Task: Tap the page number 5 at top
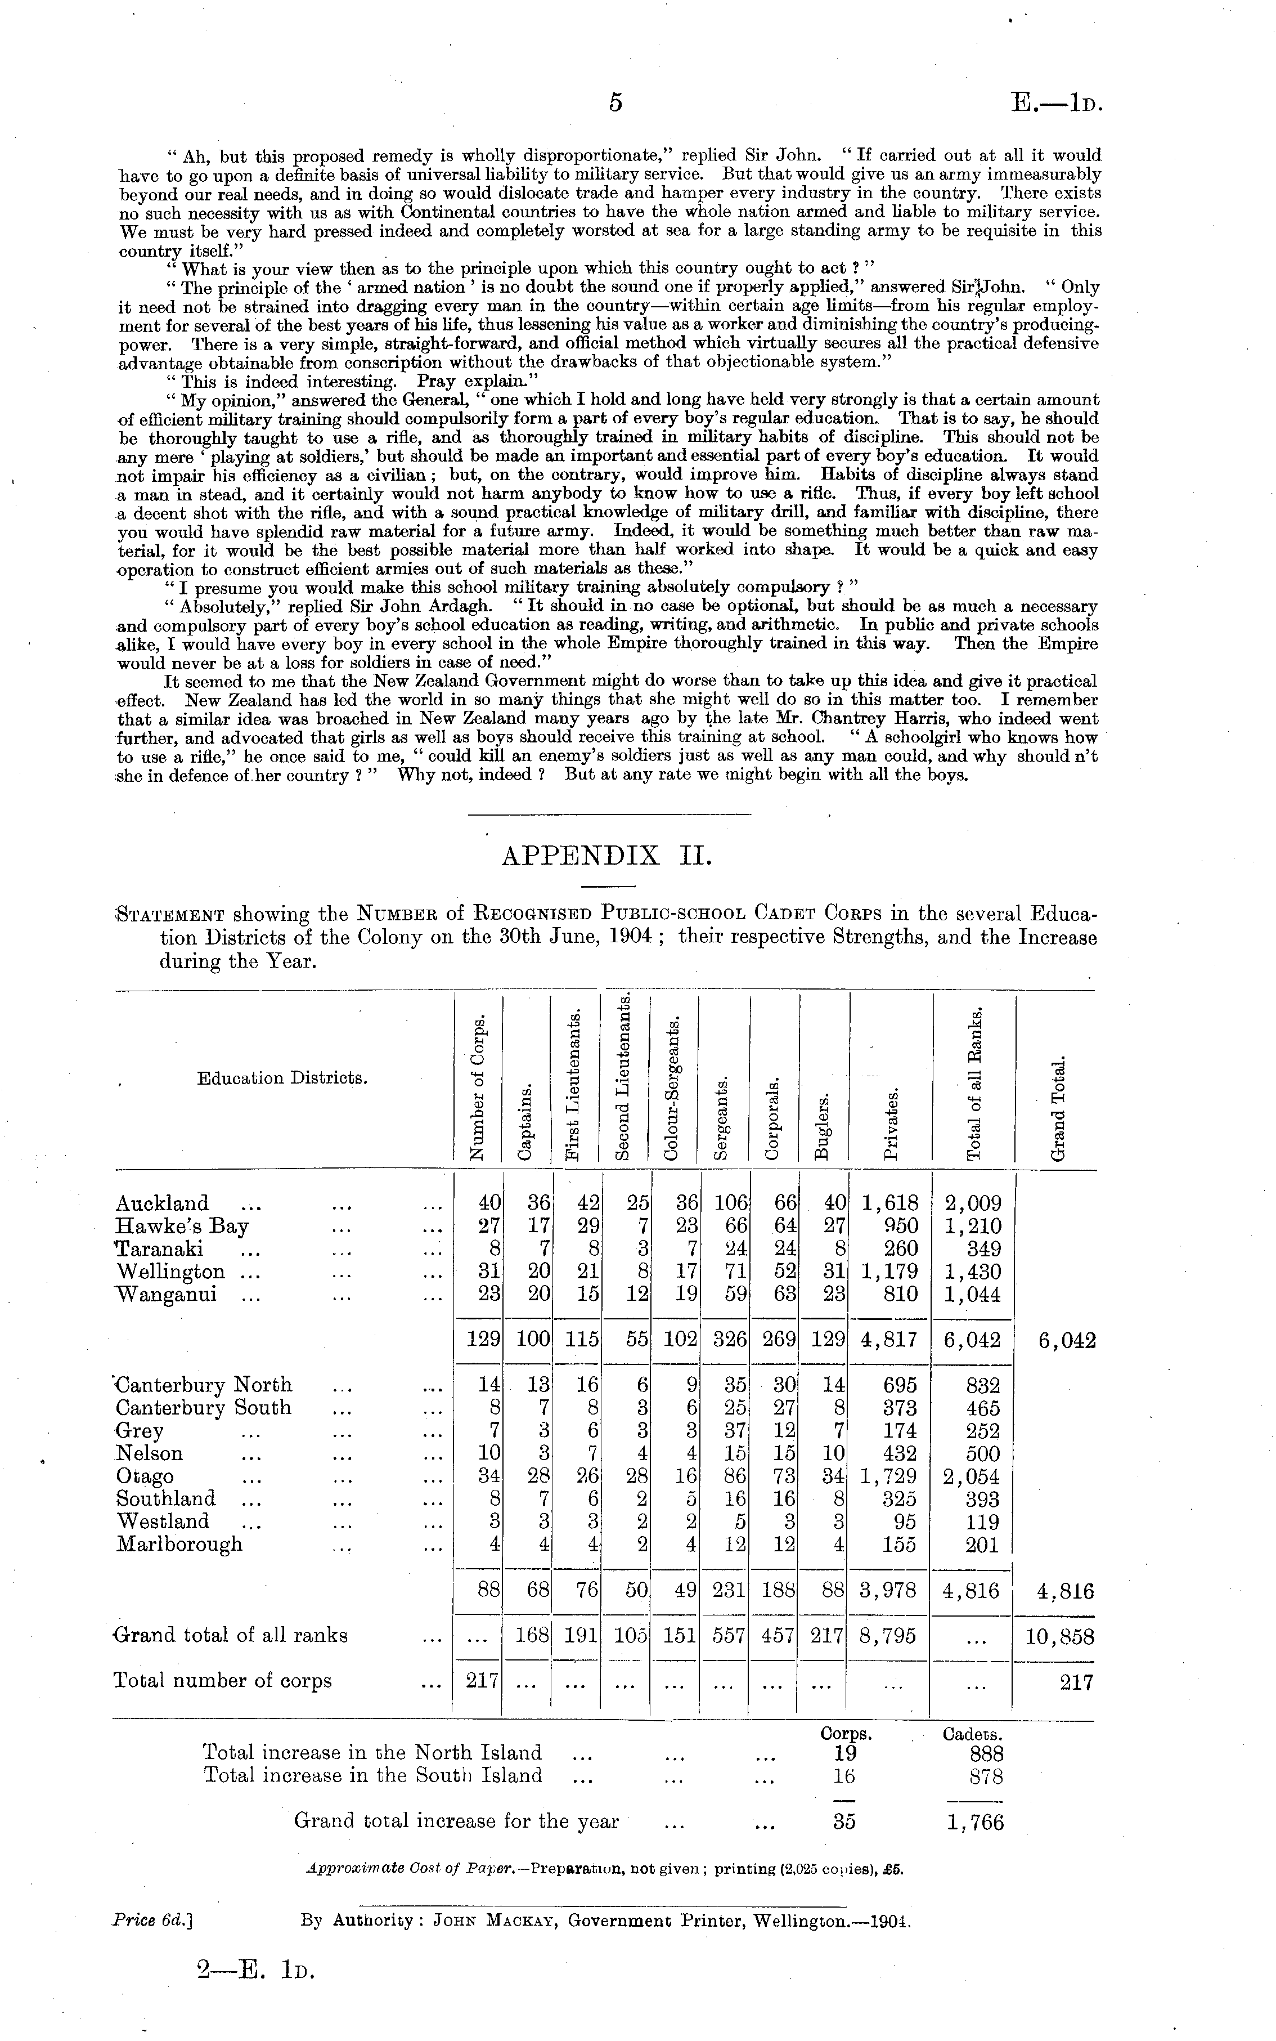coord(615,102)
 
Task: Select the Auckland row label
coord(162,1203)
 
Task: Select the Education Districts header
coord(282,1078)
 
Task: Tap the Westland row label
coord(163,1521)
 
